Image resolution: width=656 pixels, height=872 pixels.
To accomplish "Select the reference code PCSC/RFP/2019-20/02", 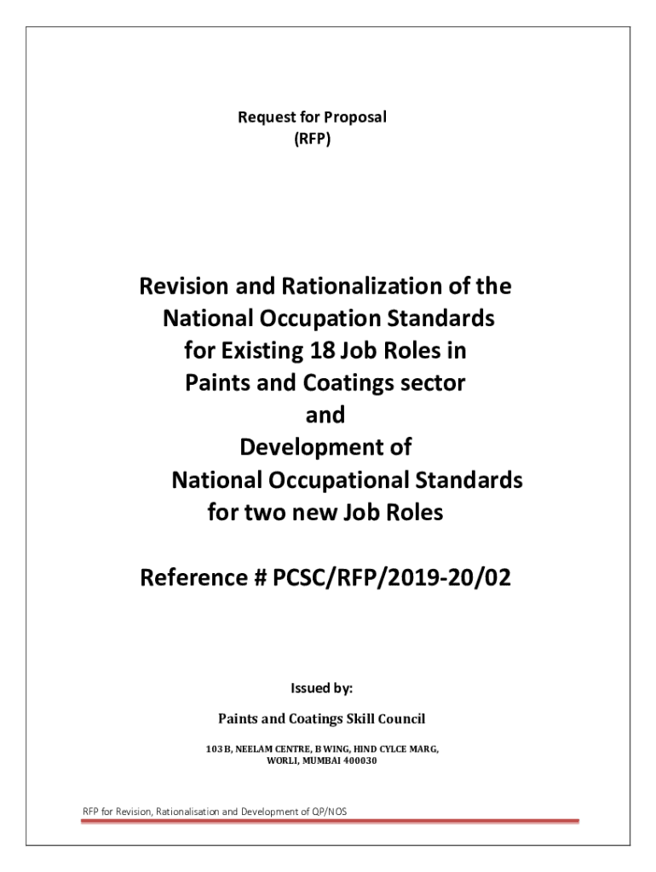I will click(x=394, y=580).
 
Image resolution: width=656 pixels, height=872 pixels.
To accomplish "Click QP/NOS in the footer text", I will click(x=328, y=812).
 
